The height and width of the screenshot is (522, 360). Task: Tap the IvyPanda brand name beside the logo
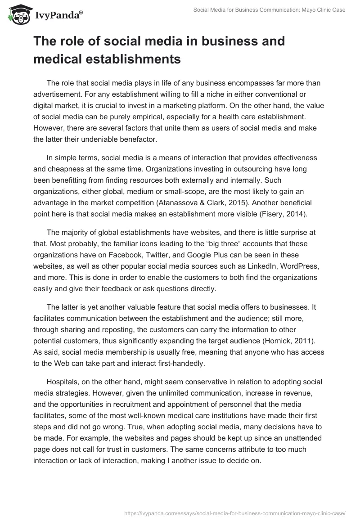tap(58, 16)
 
